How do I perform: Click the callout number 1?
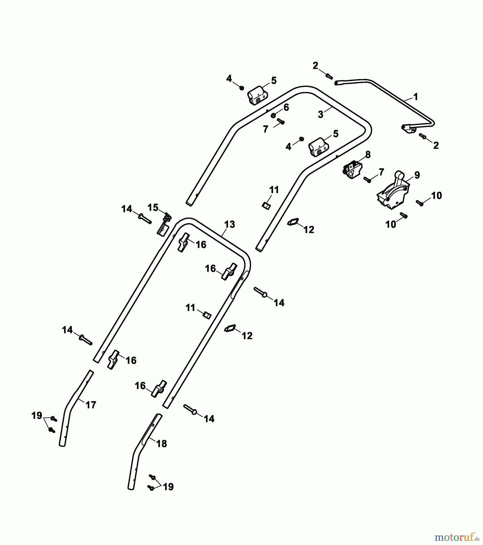(416, 97)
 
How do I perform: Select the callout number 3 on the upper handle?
(321, 114)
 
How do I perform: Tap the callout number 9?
(417, 175)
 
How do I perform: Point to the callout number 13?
(230, 224)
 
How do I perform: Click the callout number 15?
(153, 207)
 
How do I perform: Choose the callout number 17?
(91, 405)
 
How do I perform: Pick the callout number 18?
(162, 444)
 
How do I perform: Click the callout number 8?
(368, 155)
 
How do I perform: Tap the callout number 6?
(286, 107)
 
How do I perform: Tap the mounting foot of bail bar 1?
(408, 129)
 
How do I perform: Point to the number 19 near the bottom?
(168, 487)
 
